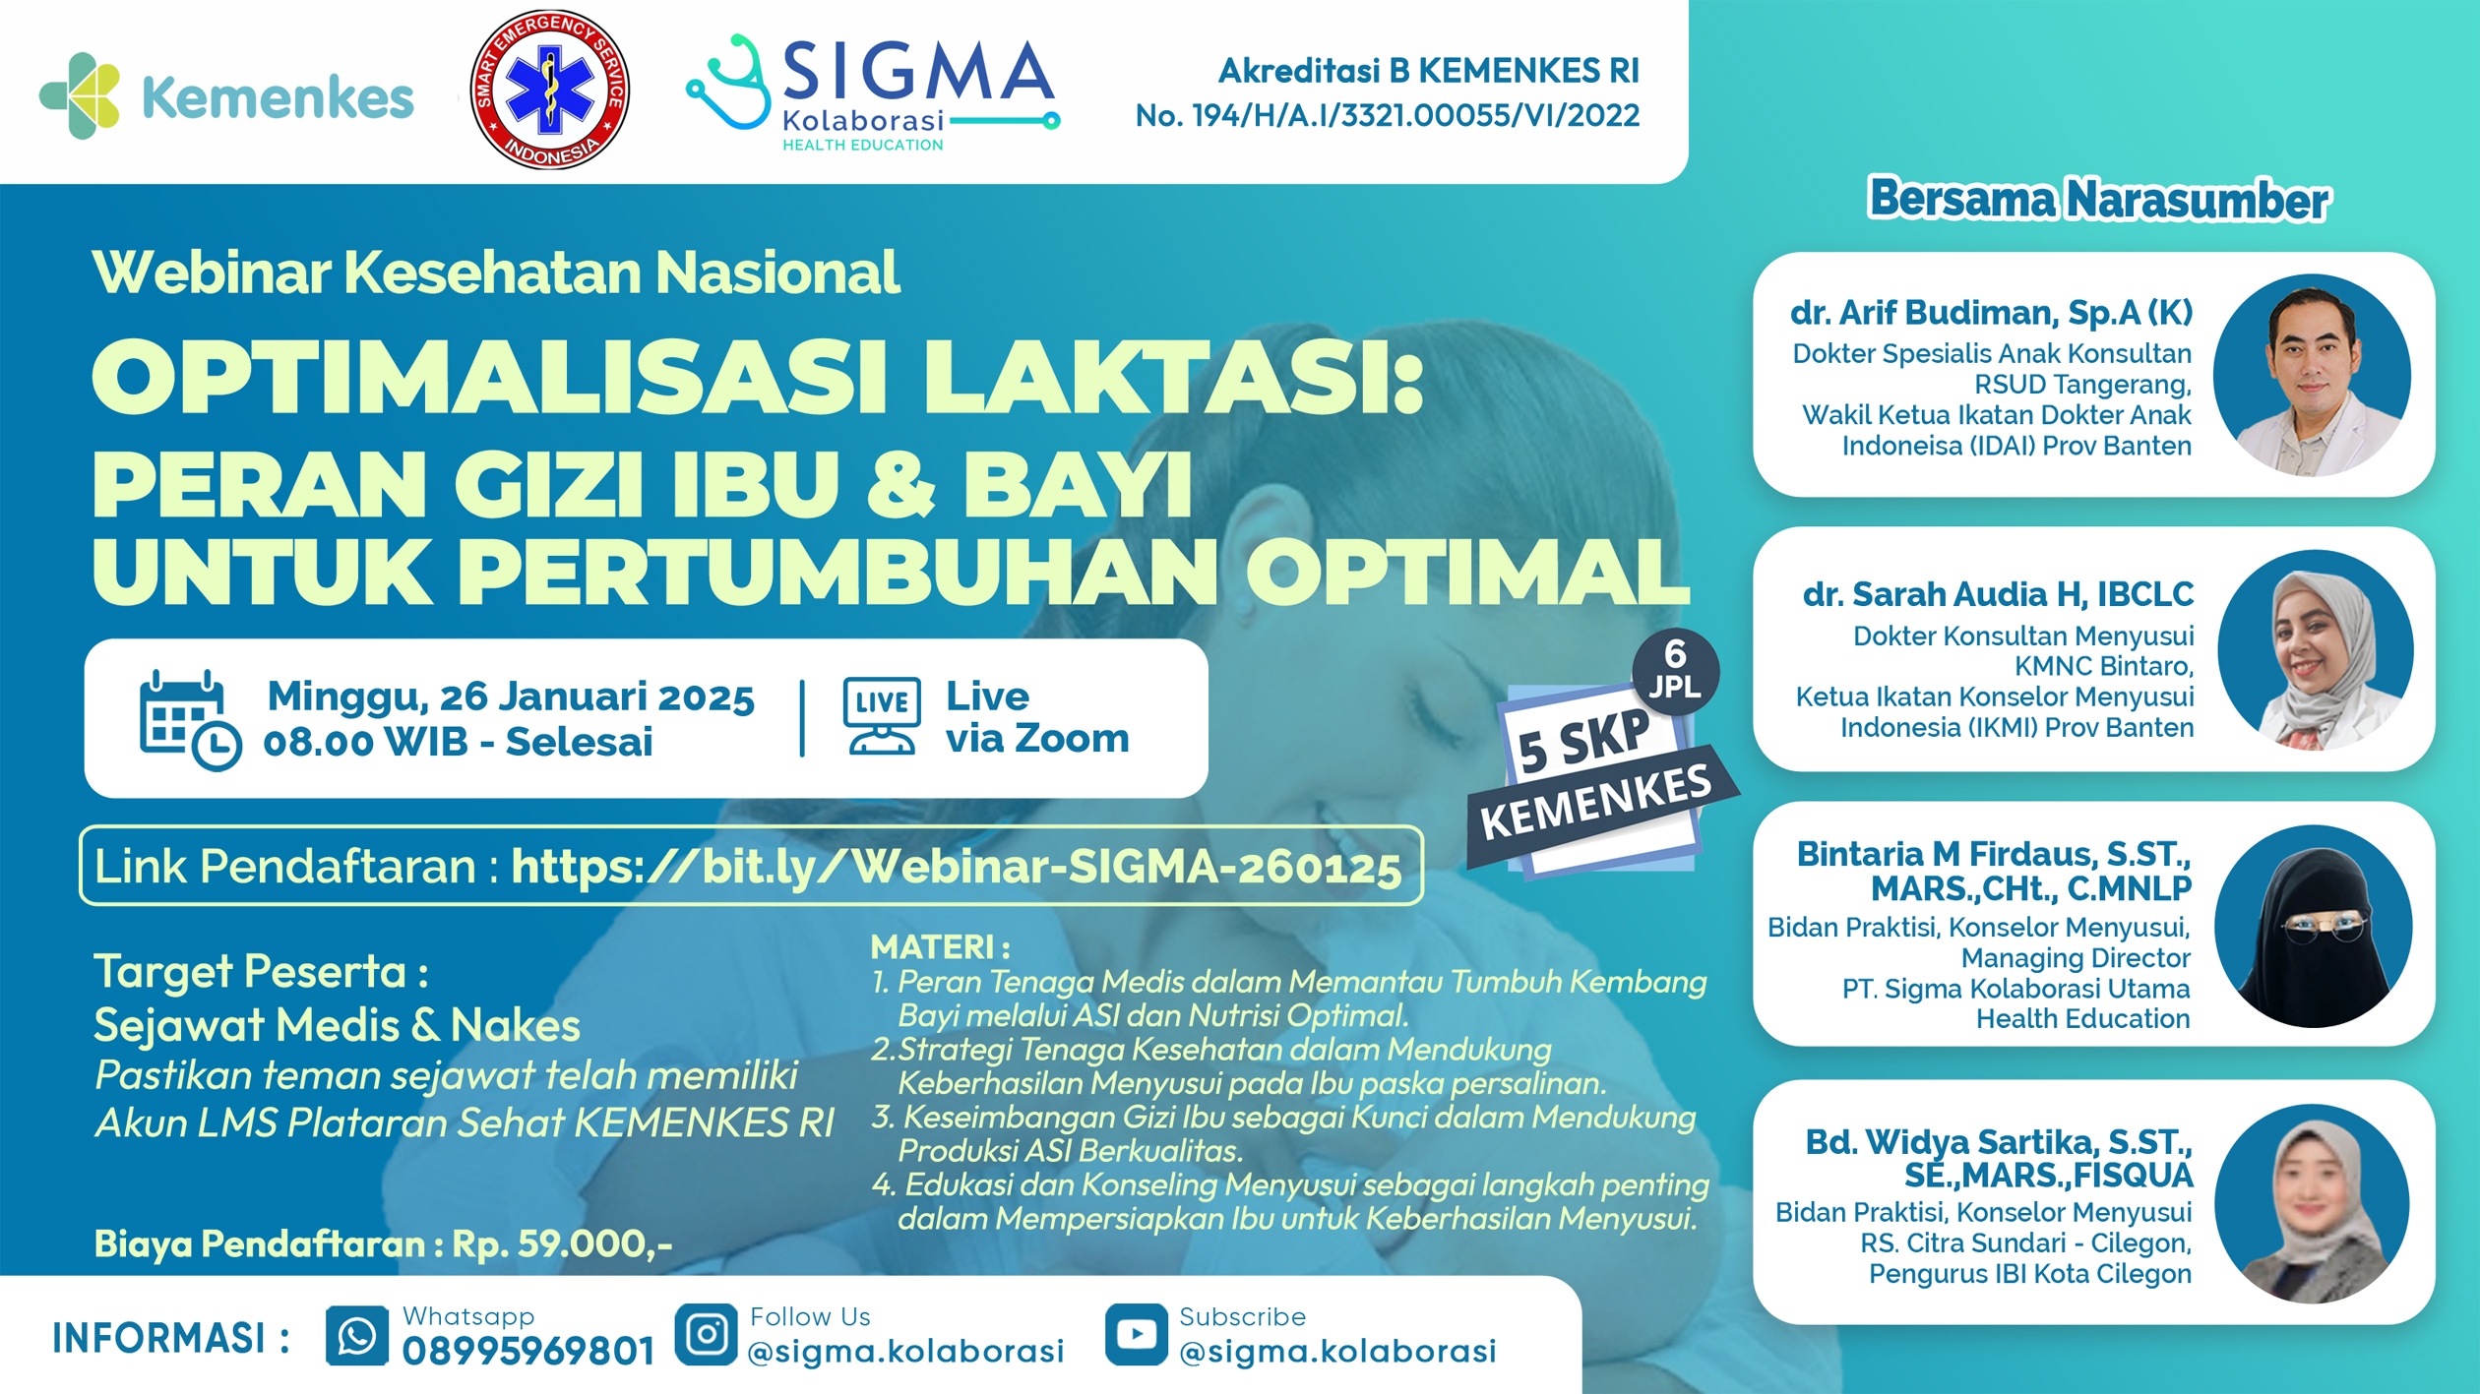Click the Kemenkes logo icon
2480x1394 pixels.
point(80,95)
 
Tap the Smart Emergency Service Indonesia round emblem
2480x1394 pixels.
point(549,90)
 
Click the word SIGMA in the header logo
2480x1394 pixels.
point(918,71)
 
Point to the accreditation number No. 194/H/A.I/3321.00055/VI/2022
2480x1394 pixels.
point(1387,116)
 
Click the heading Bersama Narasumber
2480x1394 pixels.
point(2098,200)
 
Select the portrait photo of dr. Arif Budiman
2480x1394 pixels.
point(2312,375)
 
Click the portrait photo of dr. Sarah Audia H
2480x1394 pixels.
point(2315,650)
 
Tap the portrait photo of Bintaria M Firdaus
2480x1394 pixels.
point(2313,926)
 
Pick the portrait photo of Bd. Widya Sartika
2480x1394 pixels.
point(2312,1203)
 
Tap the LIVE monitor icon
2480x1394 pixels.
point(882,716)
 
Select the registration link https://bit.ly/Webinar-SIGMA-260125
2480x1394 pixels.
point(956,866)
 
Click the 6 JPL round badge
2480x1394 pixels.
point(1675,671)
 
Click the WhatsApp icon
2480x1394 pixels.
point(356,1336)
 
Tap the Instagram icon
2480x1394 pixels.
point(706,1335)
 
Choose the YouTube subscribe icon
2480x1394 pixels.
point(1136,1335)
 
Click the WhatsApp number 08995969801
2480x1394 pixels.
point(528,1352)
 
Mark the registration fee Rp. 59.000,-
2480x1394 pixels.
point(562,1243)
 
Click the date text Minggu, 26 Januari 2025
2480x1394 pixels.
point(511,697)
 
